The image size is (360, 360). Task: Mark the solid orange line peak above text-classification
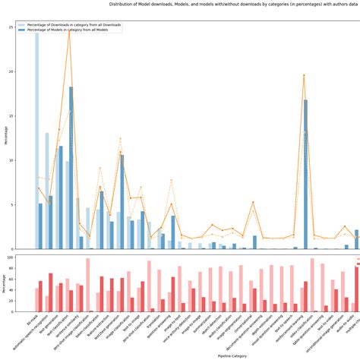tap(69, 31)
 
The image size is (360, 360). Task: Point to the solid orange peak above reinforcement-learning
tap(304, 75)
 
